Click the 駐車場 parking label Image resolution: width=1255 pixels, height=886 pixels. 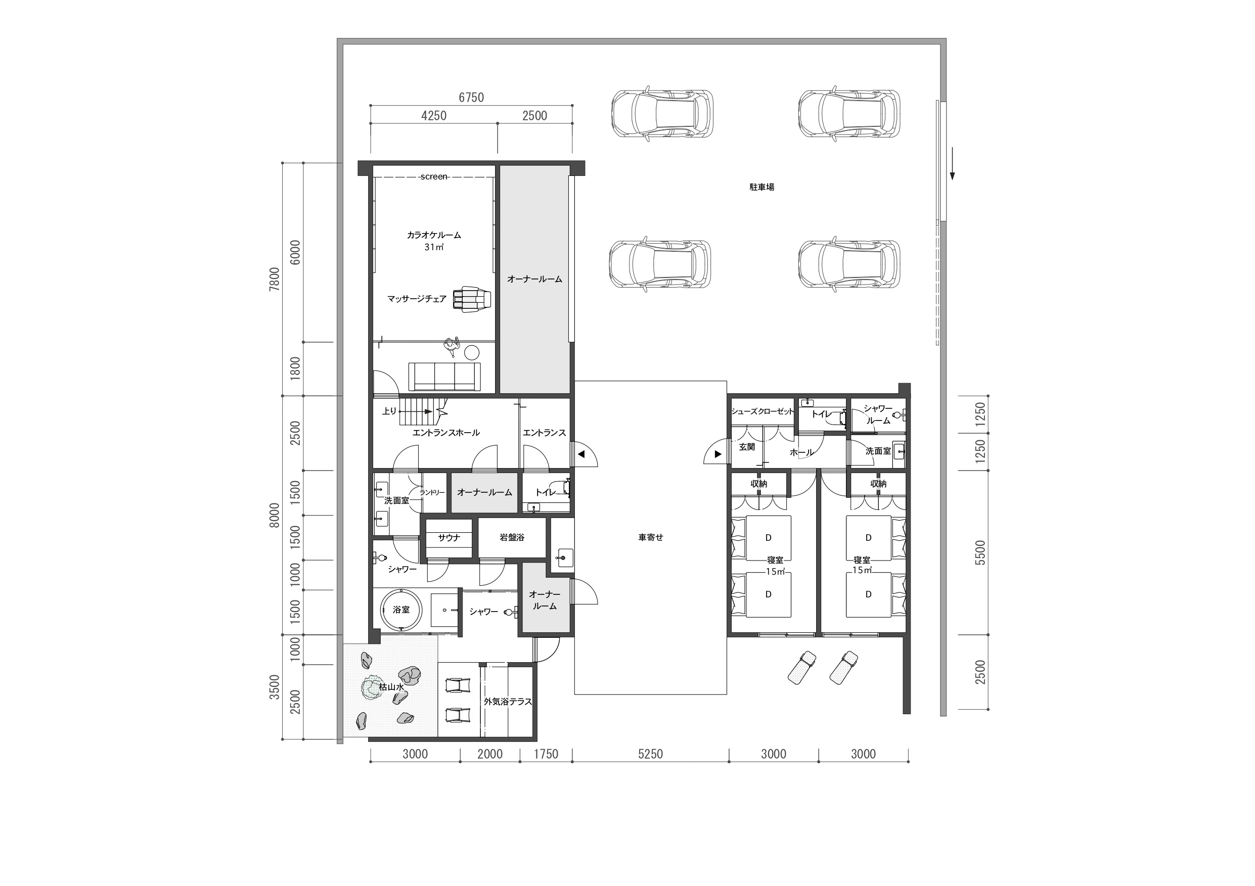click(761, 187)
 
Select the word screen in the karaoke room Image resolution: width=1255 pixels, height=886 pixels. click(434, 176)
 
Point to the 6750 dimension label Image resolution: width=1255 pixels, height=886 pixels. click(471, 97)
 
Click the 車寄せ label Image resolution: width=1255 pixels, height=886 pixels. click(650, 537)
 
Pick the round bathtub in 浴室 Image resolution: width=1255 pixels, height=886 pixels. click(401, 610)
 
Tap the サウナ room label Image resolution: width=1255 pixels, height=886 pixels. click(450, 537)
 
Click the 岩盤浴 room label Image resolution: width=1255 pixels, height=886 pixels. click(512, 537)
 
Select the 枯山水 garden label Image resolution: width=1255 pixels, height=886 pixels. click(391, 687)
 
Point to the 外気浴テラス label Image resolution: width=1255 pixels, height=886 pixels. click(508, 702)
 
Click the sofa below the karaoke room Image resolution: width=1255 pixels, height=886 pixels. click(444, 377)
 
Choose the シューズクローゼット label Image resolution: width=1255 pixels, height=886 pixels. click(763, 411)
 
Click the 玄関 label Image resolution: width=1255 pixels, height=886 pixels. click(747, 447)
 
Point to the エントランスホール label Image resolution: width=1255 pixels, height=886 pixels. click(446, 433)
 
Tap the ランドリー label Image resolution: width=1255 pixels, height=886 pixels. click(432, 492)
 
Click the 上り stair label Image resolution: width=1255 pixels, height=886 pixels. click(389, 411)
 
